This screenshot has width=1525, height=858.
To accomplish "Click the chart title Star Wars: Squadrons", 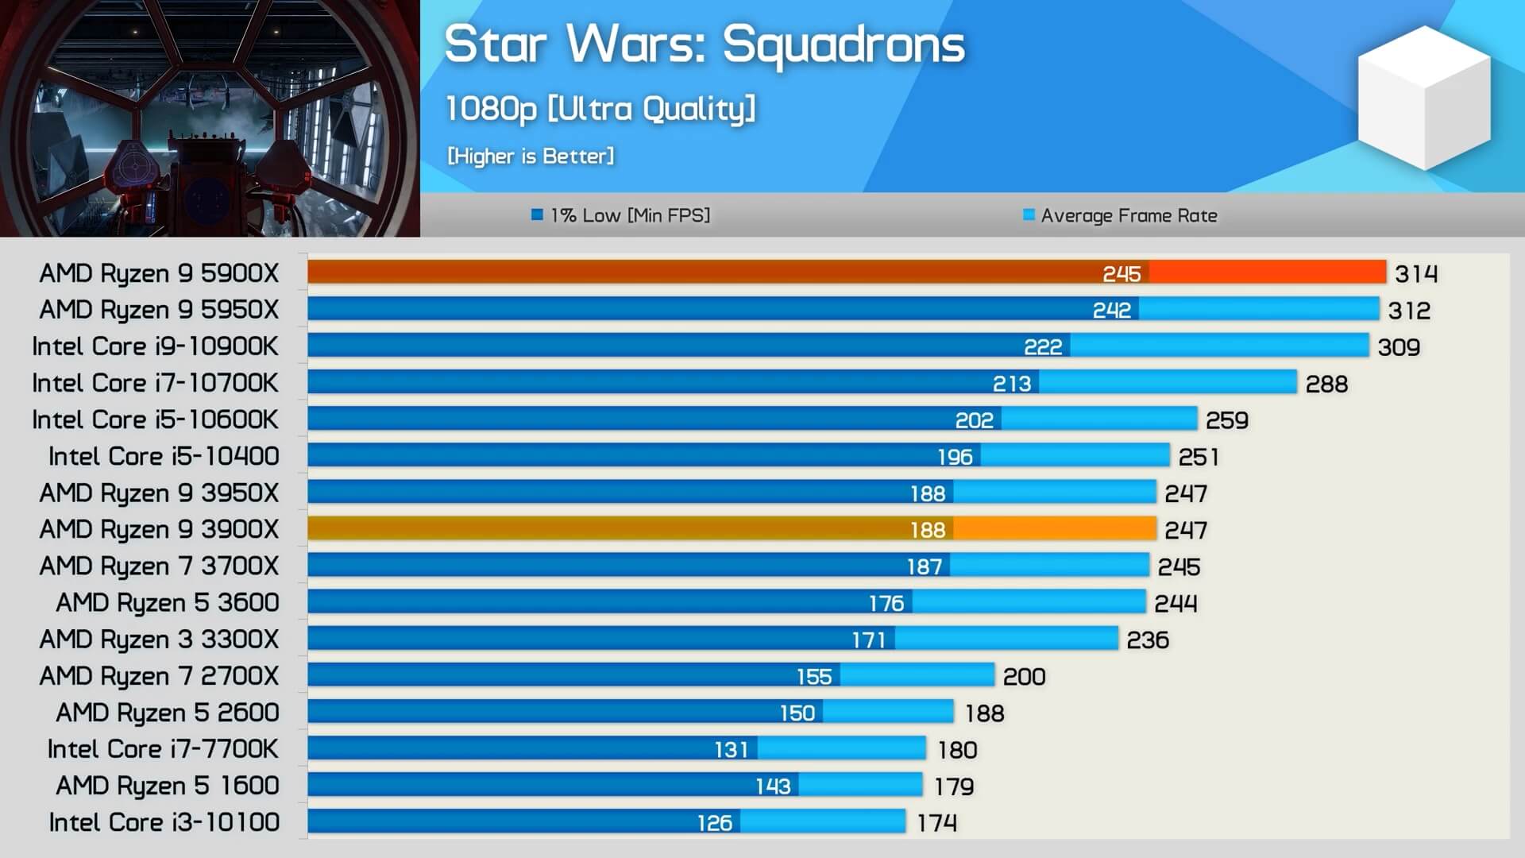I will pyautogui.click(x=704, y=44).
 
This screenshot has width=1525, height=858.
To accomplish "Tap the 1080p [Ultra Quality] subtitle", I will pyautogui.click(x=600, y=109).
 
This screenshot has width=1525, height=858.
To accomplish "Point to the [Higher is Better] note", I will pyautogui.click(x=531, y=156).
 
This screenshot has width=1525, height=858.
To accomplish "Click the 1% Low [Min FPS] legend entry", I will pyautogui.click(x=621, y=215).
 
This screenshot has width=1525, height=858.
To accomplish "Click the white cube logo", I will pyautogui.click(x=1424, y=97).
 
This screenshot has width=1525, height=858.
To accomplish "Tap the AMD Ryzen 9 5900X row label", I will pyautogui.click(x=159, y=273).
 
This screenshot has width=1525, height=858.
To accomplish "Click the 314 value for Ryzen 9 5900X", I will pyautogui.click(x=1416, y=274).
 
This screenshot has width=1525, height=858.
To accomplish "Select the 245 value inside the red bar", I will pyautogui.click(x=1122, y=274).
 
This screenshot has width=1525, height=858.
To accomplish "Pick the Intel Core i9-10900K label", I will pyautogui.click(x=155, y=346).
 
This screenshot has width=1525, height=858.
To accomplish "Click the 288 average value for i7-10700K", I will pyautogui.click(x=1326, y=385).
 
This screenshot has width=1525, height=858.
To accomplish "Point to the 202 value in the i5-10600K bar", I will pyautogui.click(x=974, y=420).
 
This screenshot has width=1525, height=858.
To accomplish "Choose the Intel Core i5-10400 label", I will pyautogui.click(x=164, y=456).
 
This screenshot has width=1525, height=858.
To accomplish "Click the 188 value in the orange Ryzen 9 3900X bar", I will pyautogui.click(x=928, y=530).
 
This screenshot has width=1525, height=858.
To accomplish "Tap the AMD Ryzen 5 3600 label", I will pyautogui.click(x=167, y=603).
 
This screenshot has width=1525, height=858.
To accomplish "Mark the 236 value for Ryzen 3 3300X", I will pyautogui.click(x=1148, y=640).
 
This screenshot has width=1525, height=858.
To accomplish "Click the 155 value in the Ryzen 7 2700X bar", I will pyautogui.click(x=814, y=677).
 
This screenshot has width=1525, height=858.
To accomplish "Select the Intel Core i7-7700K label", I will pyautogui.click(x=163, y=749).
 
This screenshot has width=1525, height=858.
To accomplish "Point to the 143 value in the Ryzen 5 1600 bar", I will pyautogui.click(x=773, y=786).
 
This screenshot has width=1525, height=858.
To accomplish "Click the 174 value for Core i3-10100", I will pyautogui.click(x=936, y=823).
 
